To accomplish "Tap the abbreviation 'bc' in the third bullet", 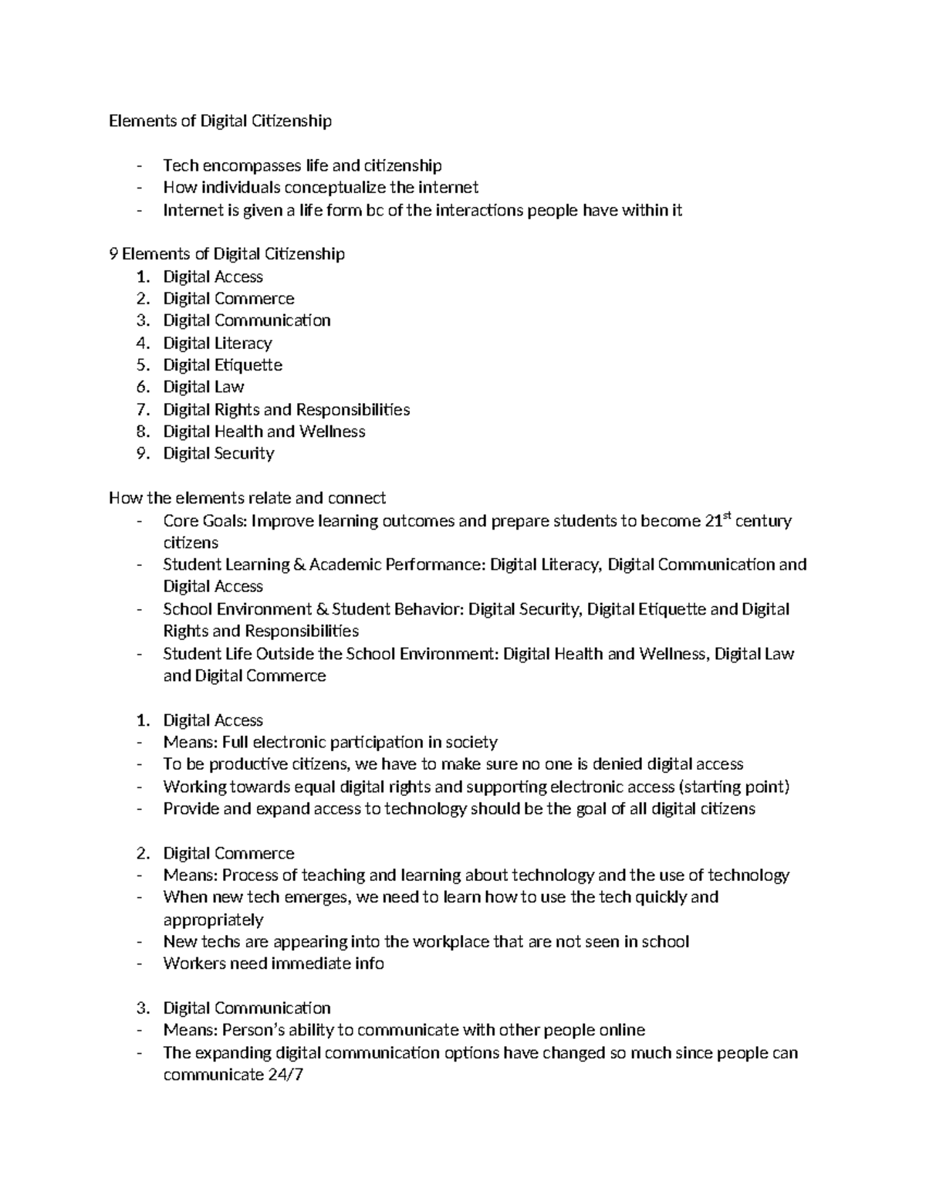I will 374,210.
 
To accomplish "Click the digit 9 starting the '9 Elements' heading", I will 113,254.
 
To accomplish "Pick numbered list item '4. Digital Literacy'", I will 217,343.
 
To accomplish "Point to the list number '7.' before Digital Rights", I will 143,409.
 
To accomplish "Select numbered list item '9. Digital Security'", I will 218,453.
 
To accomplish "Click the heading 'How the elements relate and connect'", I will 248,498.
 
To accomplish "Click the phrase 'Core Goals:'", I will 205,521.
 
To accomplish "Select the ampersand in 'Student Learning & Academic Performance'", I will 299,565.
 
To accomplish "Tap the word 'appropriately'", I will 213,920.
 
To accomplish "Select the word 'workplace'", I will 451,942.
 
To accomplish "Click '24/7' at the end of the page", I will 285,1075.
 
